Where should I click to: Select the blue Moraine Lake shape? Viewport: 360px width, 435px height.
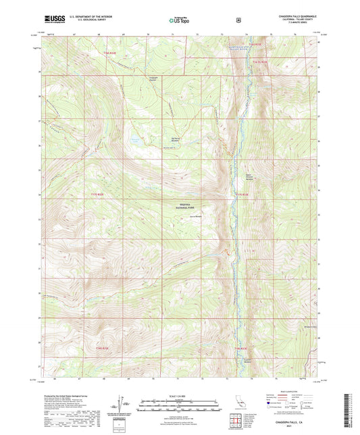click(x=136, y=142)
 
